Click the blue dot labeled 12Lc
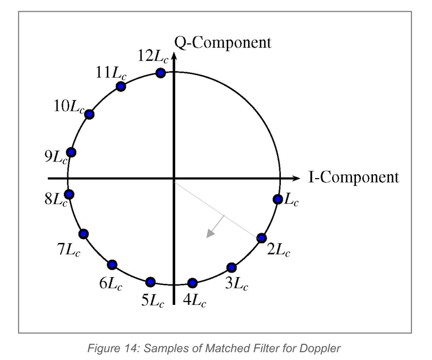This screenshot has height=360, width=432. (159, 73)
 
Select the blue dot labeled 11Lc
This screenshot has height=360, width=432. (121, 87)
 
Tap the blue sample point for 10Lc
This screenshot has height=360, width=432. (89, 115)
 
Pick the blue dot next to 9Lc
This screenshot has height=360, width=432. (72, 152)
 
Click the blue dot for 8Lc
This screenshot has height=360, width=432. (69, 195)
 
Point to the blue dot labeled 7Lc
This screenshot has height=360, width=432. (83, 234)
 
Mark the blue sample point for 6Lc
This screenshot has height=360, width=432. (112, 264)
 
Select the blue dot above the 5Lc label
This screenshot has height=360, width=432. (150, 281)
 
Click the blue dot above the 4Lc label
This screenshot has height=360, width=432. (193, 282)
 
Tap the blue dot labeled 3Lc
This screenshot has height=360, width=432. (232, 267)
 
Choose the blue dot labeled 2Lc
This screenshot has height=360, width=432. (261, 238)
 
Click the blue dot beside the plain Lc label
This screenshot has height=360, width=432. (277, 199)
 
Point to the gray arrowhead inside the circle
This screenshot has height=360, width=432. (210, 234)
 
